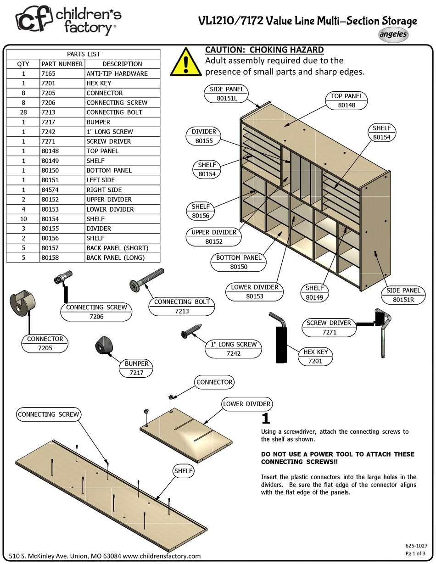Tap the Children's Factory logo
(x=69, y=22)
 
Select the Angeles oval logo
(x=393, y=34)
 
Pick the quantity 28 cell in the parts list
(x=22, y=112)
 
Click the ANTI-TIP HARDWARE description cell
(x=117, y=73)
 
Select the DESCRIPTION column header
(x=122, y=64)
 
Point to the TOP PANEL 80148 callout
(x=347, y=101)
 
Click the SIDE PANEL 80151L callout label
(x=227, y=93)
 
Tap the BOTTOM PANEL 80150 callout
(x=239, y=262)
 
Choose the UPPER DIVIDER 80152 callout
(x=214, y=237)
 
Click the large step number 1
(x=265, y=419)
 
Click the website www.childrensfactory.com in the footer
(x=162, y=556)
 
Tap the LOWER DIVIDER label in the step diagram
(x=247, y=404)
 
